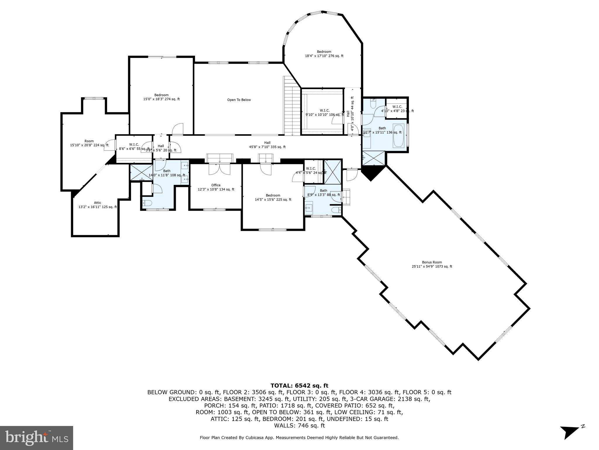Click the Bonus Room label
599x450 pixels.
(x=432, y=264)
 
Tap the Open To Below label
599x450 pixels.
(x=239, y=100)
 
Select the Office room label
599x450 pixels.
(x=216, y=187)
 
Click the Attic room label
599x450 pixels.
(x=97, y=205)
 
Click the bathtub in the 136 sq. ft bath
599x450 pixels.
(x=398, y=136)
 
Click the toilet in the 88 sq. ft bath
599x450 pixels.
(x=336, y=210)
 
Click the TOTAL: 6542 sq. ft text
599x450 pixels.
(x=299, y=386)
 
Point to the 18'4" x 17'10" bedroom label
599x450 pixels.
(x=324, y=54)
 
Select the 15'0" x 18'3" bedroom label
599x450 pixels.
(x=161, y=97)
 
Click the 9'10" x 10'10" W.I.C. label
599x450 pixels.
(x=324, y=112)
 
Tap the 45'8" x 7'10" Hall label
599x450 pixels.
(x=267, y=145)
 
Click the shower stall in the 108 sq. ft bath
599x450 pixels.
(x=141, y=172)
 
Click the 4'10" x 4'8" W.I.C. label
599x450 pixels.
(x=397, y=109)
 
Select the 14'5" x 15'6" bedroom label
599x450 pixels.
(x=273, y=197)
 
